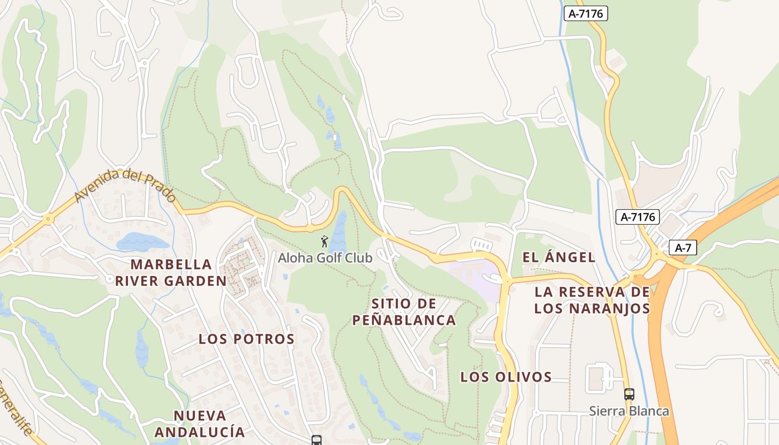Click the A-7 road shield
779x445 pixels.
[683, 248]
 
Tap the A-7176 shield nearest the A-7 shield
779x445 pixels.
[637, 217]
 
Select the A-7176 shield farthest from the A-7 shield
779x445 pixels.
[586, 13]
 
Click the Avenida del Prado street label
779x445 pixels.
[125, 186]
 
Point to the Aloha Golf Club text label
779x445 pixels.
[325, 258]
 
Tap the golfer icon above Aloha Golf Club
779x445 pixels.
[324, 241]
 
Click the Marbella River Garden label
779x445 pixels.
[171, 273]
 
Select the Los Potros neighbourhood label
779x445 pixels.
[246, 339]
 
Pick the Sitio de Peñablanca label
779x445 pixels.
[404, 311]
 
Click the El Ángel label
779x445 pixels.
[559, 257]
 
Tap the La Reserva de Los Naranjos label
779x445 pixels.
[592, 300]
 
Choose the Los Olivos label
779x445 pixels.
[506, 377]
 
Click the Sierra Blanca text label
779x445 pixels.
[629, 411]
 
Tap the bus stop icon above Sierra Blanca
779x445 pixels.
[629, 394]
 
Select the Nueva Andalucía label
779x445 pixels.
[200, 423]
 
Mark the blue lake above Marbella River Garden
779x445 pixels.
[142, 242]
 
